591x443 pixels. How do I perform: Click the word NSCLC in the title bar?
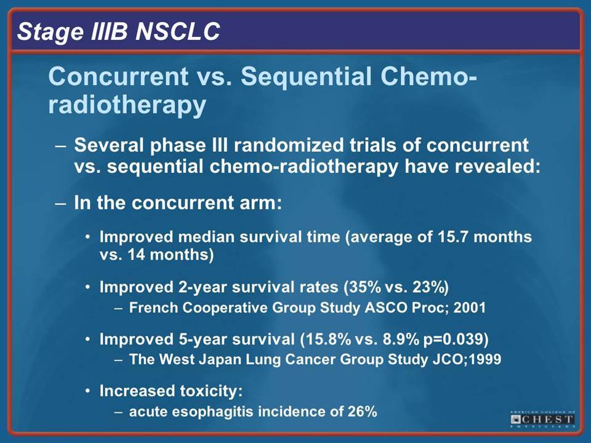(x=177, y=31)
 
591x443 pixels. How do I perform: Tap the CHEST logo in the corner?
(x=543, y=419)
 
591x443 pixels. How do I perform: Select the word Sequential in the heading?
(x=305, y=76)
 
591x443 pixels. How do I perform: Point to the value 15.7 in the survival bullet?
(x=452, y=237)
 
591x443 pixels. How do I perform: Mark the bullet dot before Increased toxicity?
(x=87, y=391)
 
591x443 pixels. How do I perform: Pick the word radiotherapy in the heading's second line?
(x=127, y=105)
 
